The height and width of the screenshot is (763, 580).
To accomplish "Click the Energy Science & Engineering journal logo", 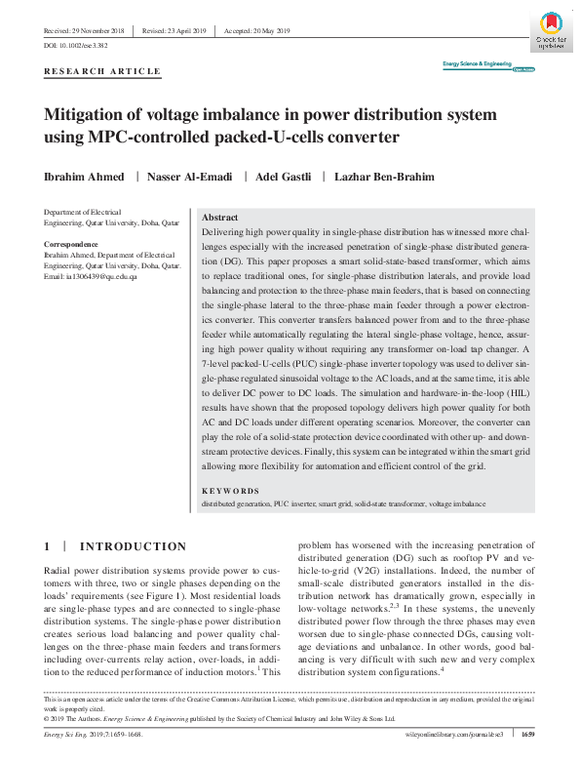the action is click(x=477, y=64).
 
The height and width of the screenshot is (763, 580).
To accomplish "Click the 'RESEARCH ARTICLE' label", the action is click(x=102, y=73).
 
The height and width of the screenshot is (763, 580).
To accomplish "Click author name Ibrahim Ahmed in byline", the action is click(x=86, y=177).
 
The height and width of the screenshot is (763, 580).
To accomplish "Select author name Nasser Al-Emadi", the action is click(x=188, y=177).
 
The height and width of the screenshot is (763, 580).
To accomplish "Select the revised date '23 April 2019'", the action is click(x=182, y=32).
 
